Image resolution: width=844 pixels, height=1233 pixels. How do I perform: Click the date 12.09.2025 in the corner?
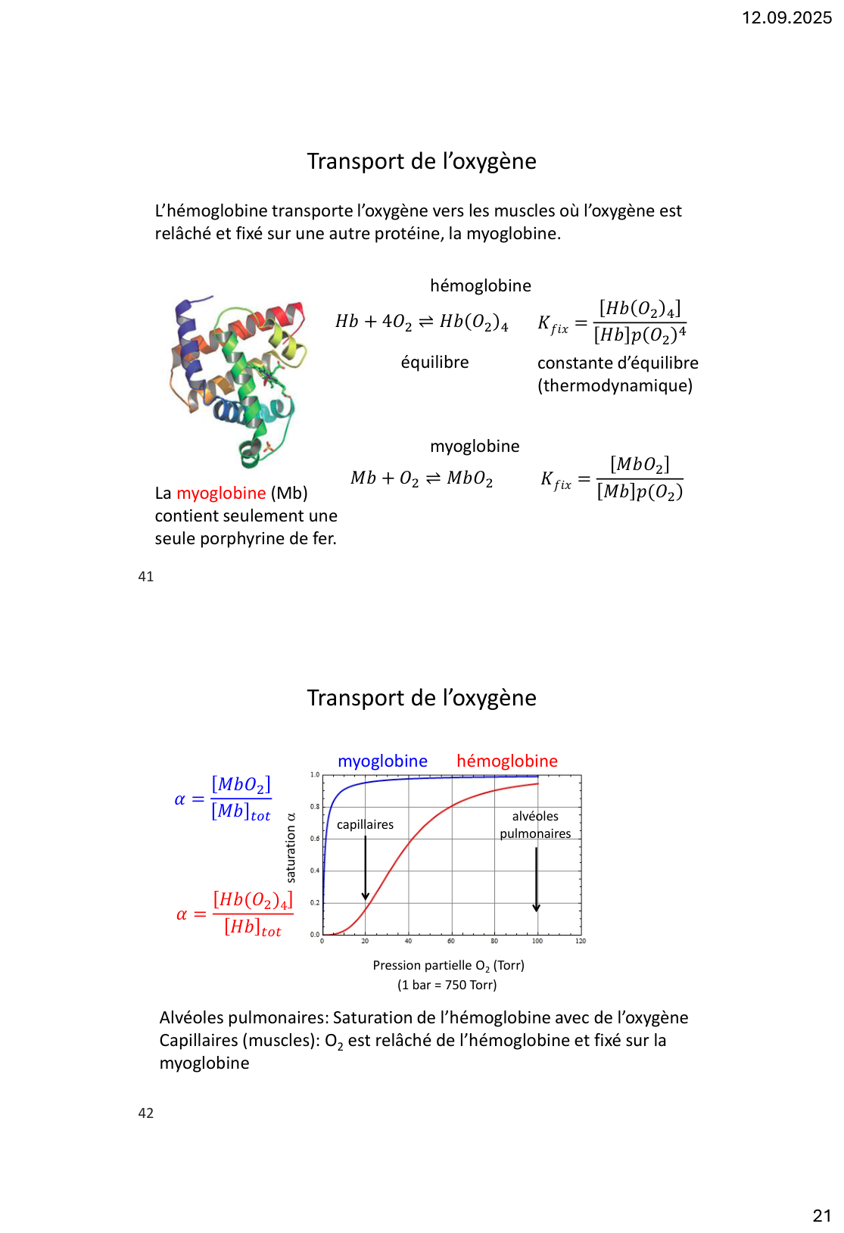[x=786, y=17]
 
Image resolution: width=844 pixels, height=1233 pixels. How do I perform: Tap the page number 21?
[x=821, y=1216]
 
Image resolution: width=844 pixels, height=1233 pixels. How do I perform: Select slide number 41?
[x=146, y=577]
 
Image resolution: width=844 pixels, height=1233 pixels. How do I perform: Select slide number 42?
[x=146, y=1113]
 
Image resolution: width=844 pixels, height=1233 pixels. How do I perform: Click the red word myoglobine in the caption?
[x=221, y=494]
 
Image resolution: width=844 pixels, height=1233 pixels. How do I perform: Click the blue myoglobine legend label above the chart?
[x=382, y=761]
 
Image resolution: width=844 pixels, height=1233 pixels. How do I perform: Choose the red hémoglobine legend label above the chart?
[x=507, y=761]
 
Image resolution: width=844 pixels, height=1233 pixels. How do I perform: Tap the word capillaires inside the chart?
[x=365, y=825]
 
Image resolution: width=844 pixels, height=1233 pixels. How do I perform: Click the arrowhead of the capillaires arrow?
[x=366, y=896]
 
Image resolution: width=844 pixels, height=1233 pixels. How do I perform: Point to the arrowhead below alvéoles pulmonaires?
[x=537, y=908]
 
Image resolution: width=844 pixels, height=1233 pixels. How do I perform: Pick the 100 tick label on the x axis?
[x=537, y=942]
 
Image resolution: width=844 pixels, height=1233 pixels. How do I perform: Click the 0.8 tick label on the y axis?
[x=315, y=807]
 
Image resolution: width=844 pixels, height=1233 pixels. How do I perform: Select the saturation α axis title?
[x=291, y=848]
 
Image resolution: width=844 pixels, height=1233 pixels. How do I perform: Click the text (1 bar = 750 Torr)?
[x=447, y=985]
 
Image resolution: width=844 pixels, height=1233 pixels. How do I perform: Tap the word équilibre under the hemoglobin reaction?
[x=434, y=363]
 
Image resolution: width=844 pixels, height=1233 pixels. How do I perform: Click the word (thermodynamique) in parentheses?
[x=615, y=386]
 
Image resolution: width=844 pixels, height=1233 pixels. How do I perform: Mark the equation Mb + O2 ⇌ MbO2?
[x=422, y=478]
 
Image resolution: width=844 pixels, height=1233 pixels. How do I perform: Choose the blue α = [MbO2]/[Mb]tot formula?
[x=224, y=799]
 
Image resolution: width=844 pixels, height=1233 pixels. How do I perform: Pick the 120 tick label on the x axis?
[x=581, y=942]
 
